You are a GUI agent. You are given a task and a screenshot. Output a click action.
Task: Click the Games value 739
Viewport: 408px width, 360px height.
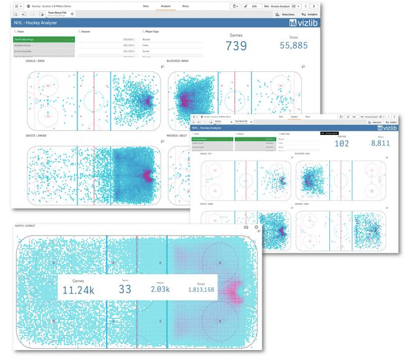236,46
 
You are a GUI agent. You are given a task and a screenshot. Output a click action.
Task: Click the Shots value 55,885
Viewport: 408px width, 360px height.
294,46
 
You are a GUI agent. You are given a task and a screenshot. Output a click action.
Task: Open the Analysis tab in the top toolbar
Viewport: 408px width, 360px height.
166,6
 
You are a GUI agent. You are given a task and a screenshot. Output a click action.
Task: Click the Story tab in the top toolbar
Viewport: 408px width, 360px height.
186,6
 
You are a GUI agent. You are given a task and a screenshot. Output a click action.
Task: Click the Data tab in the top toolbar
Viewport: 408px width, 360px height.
146,6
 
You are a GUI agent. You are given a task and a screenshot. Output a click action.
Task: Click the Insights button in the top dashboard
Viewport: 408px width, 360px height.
309,13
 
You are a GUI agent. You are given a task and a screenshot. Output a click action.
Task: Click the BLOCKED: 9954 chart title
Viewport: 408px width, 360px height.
177,61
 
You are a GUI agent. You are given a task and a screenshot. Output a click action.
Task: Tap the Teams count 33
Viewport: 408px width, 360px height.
125,289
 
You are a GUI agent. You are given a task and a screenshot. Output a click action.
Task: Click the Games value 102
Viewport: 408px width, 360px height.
342,143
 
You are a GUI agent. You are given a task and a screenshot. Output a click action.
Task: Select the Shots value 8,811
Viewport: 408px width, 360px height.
381,143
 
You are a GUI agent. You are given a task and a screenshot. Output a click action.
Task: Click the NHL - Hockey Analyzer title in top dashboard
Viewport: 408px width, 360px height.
35,23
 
